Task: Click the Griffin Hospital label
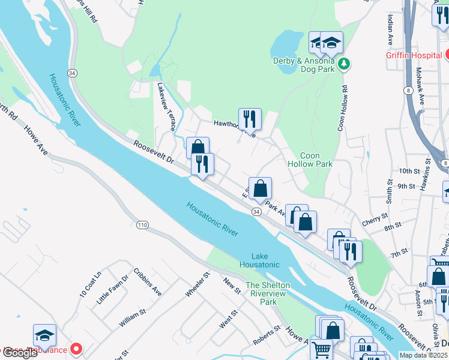click(x=414, y=55)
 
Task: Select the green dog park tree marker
click(x=343, y=64)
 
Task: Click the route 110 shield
click(x=142, y=224)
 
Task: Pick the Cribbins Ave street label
click(x=148, y=282)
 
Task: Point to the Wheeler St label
click(x=197, y=284)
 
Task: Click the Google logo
click(x=20, y=353)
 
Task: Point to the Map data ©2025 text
click(x=423, y=355)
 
